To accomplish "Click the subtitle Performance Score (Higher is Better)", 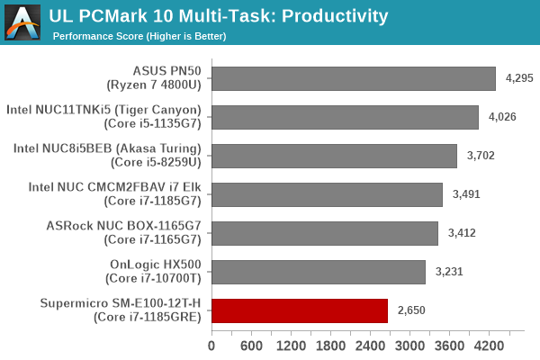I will point(139,36).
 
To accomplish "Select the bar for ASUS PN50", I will point(353,78).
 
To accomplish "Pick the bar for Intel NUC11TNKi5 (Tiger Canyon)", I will point(345,117).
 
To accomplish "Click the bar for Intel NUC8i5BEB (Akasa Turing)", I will point(334,156).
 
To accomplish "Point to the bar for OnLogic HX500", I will point(319,272).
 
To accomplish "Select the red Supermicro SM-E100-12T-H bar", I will point(300,310).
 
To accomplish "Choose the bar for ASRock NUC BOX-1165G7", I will point(325,233).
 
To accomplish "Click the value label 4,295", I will point(519,78).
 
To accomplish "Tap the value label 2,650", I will point(411,310).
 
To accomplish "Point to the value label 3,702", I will point(481,156).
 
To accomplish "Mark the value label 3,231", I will point(449,272).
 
